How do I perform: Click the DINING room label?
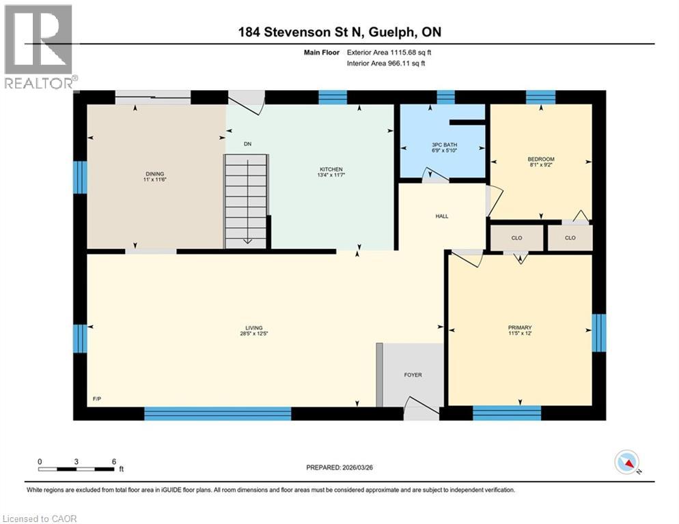tap(154, 174)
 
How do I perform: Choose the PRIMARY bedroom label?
tap(521, 327)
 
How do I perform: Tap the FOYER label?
tap(413, 375)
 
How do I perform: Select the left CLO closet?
tap(517, 238)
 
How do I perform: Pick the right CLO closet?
tap(570, 238)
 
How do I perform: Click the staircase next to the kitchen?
tap(247, 201)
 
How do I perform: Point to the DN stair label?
tap(247, 145)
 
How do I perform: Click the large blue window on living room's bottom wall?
tap(217, 413)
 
